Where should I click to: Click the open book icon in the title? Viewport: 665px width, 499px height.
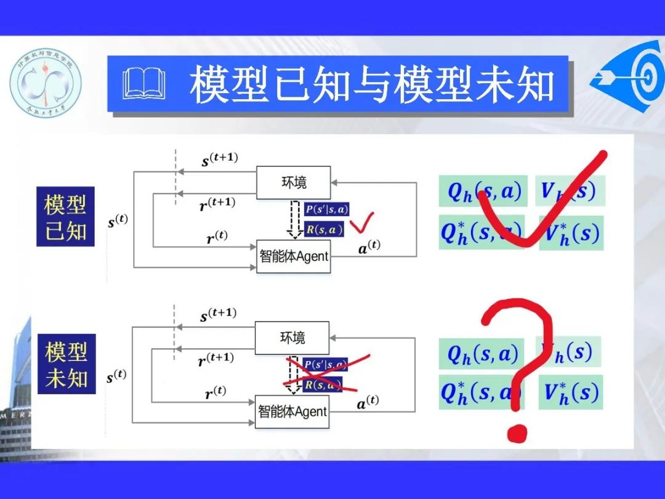click(x=145, y=84)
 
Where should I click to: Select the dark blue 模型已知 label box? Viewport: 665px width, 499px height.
click(x=65, y=217)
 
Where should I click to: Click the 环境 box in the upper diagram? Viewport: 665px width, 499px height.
click(x=293, y=182)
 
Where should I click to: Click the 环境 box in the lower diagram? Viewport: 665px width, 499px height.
click(x=292, y=338)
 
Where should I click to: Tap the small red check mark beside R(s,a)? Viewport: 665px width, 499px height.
click(x=361, y=224)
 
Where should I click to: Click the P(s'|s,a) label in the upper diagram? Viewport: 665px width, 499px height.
click(x=326, y=209)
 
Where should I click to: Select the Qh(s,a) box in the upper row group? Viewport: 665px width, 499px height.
click(x=483, y=191)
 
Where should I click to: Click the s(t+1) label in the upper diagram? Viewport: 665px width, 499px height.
click(x=219, y=160)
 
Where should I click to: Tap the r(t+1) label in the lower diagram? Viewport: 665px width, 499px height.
click(x=216, y=359)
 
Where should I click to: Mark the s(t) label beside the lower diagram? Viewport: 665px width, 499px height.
click(x=117, y=376)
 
